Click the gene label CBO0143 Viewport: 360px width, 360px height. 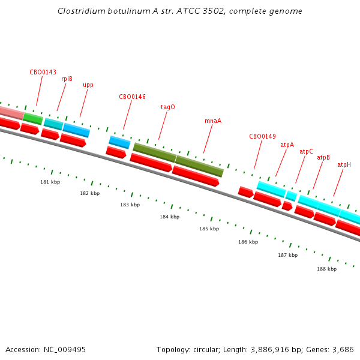pyautogui.click(x=43, y=72)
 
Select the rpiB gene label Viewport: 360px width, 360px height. pyautogui.click(x=67, y=79)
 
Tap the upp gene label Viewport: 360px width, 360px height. pyautogui.click(x=88, y=85)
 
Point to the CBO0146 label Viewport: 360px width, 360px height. pyautogui.click(x=132, y=97)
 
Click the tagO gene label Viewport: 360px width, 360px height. pyautogui.click(x=167, y=107)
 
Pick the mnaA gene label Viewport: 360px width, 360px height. pyautogui.click(x=213, y=121)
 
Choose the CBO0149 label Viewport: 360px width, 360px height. pyautogui.click(x=262, y=136)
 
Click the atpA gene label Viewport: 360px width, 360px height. pyautogui.click(x=287, y=145)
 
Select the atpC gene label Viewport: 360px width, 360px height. pyautogui.click(x=306, y=151)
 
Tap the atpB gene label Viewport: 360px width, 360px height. pyautogui.click(x=323, y=157)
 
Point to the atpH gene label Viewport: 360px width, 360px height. pyautogui.click(x=344, y=164)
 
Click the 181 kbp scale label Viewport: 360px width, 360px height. pyautogui.click(x=50, y=182)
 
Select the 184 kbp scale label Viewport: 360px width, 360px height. pyautogui.click(x=169, y=217)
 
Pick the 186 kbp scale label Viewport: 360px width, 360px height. pyautogui.click(x=248, y=242)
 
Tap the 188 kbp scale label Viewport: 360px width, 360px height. pyautogui.click(x=326, y=269)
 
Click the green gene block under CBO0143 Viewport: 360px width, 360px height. pyautogui.click(x=33, y=118)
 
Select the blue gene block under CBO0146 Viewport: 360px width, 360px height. pyautogui.click(x=119, y=142)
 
